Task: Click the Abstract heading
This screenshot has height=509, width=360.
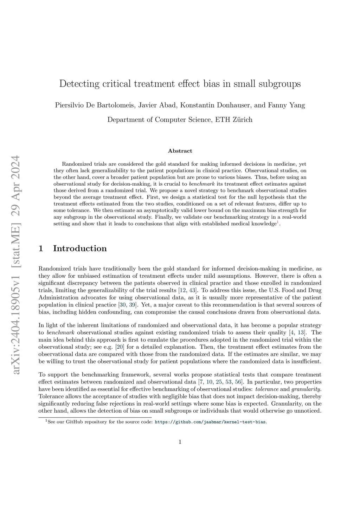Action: [x=180, y=151]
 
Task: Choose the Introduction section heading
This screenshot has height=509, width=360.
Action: [x=80, y=249]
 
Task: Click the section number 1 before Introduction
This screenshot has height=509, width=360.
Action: [x=41, y=249]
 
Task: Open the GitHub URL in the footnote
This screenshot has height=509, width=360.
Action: [x=210, y=422]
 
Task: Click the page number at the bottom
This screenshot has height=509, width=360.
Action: [x=180, y=442]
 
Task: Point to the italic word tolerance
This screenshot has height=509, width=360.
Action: [x=267, y=389]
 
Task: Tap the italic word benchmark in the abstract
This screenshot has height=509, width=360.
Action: [x=201, y=184]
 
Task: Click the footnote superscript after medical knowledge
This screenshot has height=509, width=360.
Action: [x=278, y=221]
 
